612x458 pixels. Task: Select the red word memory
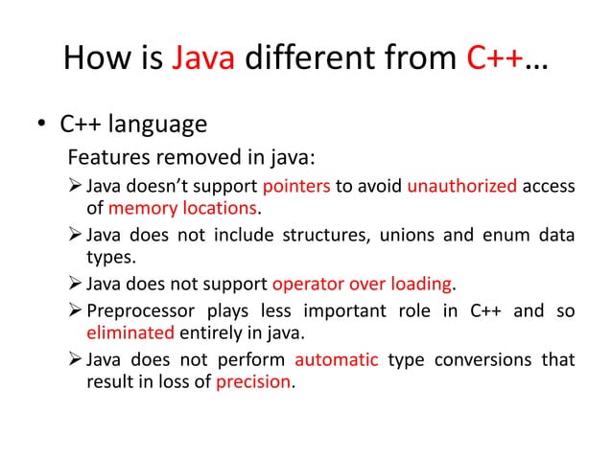[x=142, y=208]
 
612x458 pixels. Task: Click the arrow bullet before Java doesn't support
[x=74, y=185]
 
